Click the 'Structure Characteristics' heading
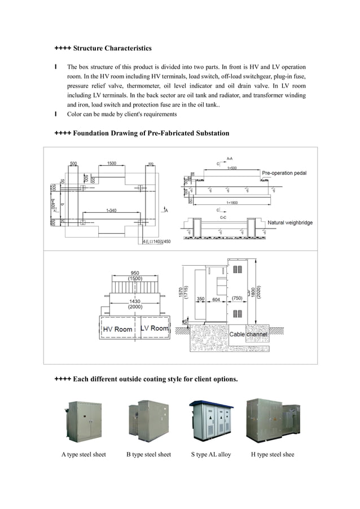(x=112, y=49)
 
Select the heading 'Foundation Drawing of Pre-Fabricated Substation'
(x=151, y=133)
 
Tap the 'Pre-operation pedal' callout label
(x=284, y=173)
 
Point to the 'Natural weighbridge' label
(x=289, y=223)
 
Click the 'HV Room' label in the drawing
(x=117, y=329)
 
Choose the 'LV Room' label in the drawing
(x=154, y=328)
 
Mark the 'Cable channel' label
(x=248, y=335)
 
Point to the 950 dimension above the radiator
(x=134, y=273)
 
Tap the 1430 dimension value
(x=134, y=301)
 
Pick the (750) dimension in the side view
(x=237, y=299)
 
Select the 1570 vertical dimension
(x=181, y=289)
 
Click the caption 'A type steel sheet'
(x=84, y=454)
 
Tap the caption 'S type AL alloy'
(x=210, y=454)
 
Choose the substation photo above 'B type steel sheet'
(x=148, y=420)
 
